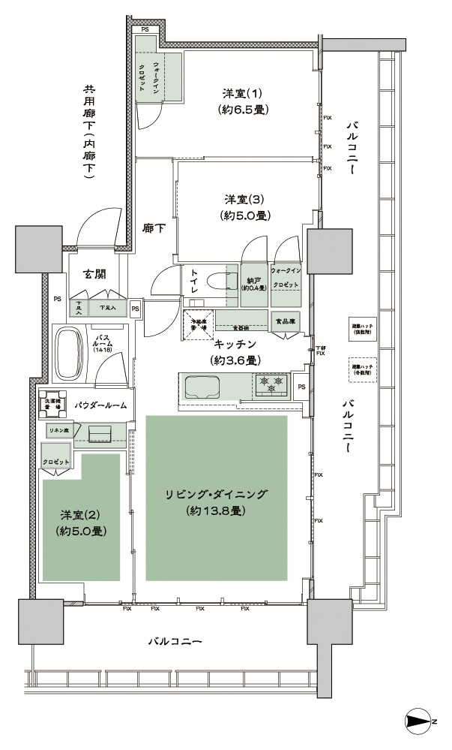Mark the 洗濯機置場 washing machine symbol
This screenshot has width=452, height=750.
pos(52,402)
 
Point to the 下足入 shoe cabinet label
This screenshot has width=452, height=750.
pos(98,308)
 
